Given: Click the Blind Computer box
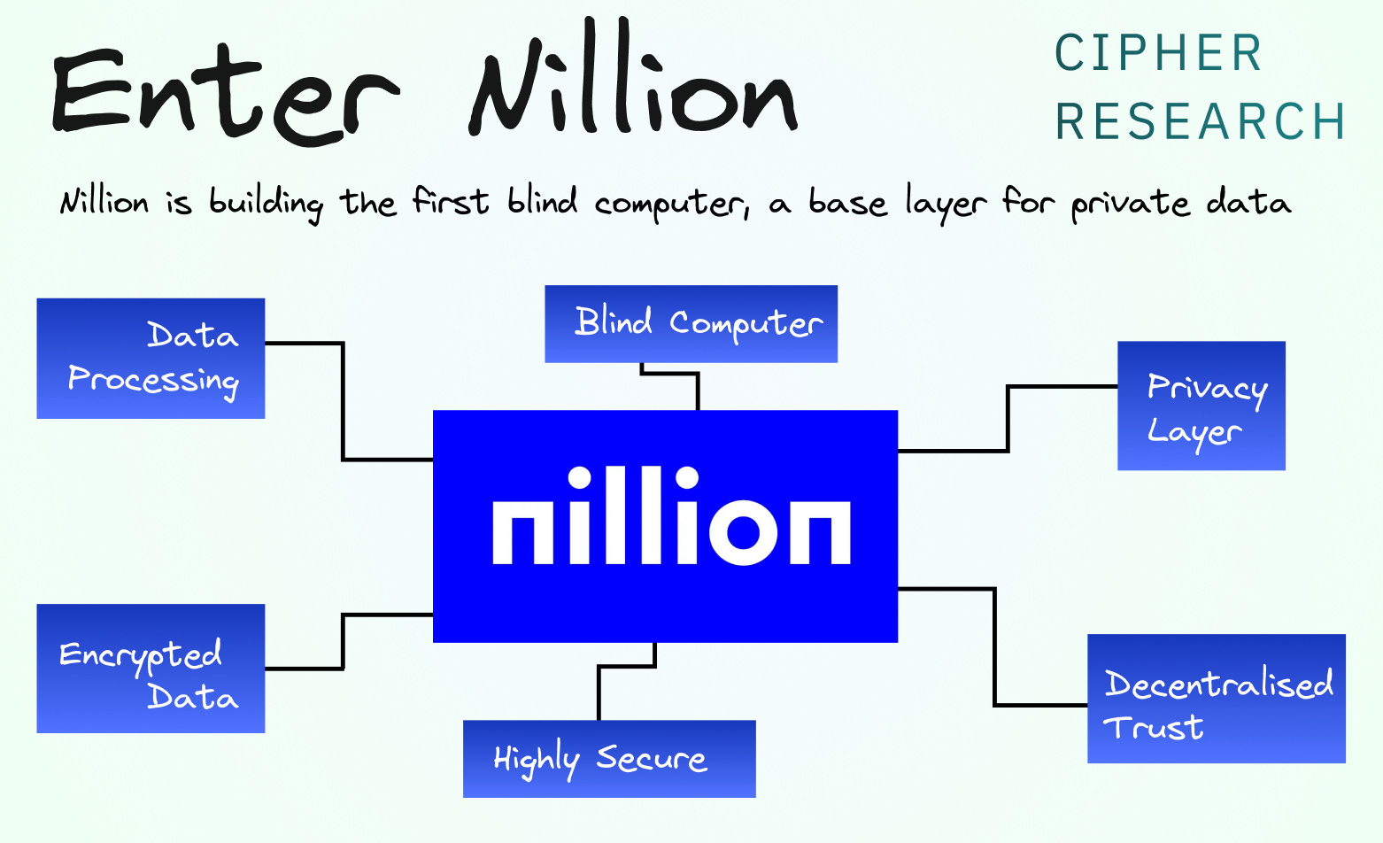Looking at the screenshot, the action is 691,324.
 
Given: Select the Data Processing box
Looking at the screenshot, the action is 151,359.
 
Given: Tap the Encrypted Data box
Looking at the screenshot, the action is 151,669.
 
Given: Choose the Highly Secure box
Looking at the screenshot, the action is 609,759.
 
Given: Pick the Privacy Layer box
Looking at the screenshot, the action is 1201,406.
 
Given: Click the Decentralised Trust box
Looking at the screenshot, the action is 1217,699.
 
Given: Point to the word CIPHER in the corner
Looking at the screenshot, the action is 1158,54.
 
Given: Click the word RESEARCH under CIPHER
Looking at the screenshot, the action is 1200,122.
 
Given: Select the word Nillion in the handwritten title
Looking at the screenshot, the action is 633,84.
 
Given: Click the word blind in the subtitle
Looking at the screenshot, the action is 542,202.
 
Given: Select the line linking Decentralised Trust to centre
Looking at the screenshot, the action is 995,646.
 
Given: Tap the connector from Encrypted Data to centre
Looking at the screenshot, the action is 343,641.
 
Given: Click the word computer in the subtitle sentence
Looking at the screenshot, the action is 670,205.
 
